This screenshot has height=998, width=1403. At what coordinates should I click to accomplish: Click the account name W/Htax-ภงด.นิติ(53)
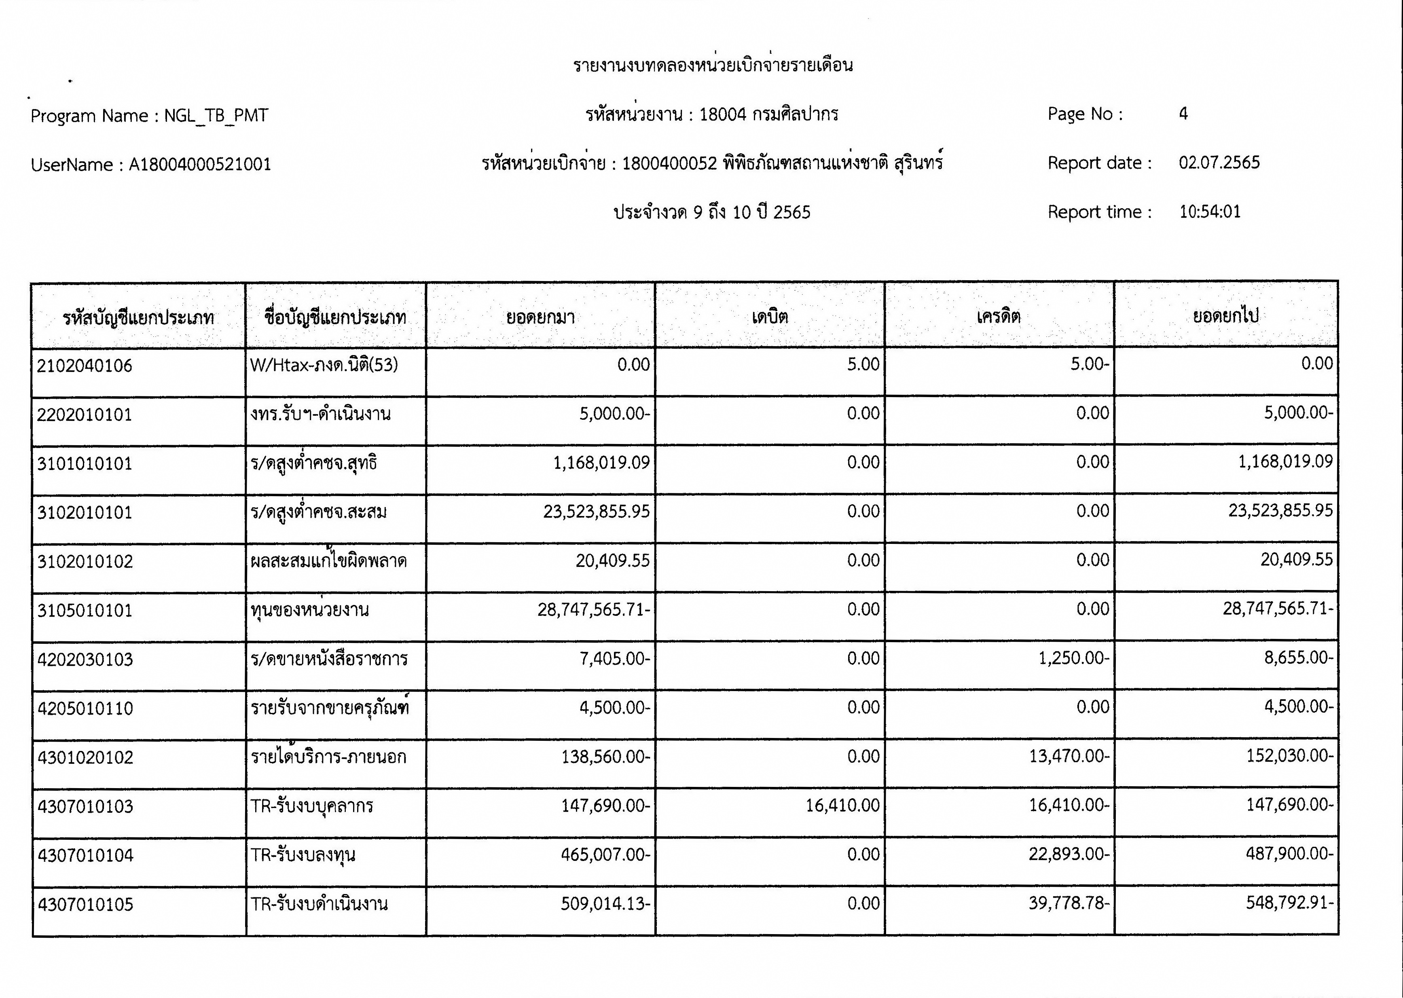pyautogui.click(x=324, y=366)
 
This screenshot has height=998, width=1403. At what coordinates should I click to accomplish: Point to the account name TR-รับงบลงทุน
pyautogui.click(x=303, y=855)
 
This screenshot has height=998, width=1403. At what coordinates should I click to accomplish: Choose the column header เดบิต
pyautogui.click(x=769, y=317)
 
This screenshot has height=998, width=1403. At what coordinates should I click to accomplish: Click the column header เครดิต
pyautogui.click(x=999, y=317)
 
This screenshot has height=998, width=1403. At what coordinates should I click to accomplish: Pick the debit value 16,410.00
pyautogui.click(x=842, y=806)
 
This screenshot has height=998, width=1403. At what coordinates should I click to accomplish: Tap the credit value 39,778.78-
pyautogui.click(x=1069, y=903)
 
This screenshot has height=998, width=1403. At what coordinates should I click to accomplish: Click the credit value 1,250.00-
pyautogui.click(x=1074, y=659)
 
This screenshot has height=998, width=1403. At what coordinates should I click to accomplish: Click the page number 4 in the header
pyautogui.click(x=1183, y=114)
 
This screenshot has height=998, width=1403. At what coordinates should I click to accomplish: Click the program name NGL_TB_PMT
pyautogui.click(x=216, y=116)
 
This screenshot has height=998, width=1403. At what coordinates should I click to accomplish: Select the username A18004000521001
pyautogui.click(x=200, y=165)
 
